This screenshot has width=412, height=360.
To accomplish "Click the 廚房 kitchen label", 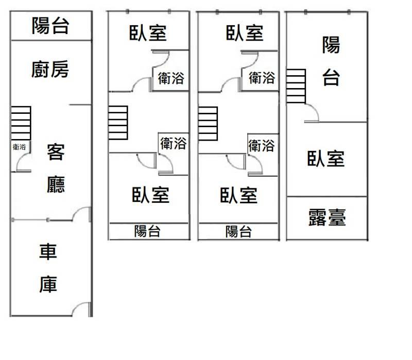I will [x=50, y=69].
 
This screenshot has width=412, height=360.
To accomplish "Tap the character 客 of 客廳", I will [x=56, y=153].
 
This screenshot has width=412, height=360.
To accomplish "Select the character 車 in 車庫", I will [x=48, y=252].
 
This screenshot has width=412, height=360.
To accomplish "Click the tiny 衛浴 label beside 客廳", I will [x=20, y=147].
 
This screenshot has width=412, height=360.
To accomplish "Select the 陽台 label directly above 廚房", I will [x=50, y=25].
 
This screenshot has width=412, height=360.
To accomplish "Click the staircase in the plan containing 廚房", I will [x=21, y=123].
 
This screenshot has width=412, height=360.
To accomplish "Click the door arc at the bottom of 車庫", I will [x=82, y=310].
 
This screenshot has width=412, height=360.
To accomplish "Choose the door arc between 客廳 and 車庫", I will [x=82, y=213].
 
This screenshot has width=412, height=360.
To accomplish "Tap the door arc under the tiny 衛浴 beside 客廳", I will [x=23, y=164].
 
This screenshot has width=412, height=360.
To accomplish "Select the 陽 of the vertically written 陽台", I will [x=331, y=45].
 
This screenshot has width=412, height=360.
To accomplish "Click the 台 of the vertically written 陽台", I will [x=331, y=78].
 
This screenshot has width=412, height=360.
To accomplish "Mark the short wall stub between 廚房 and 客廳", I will [x=80, y=105].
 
